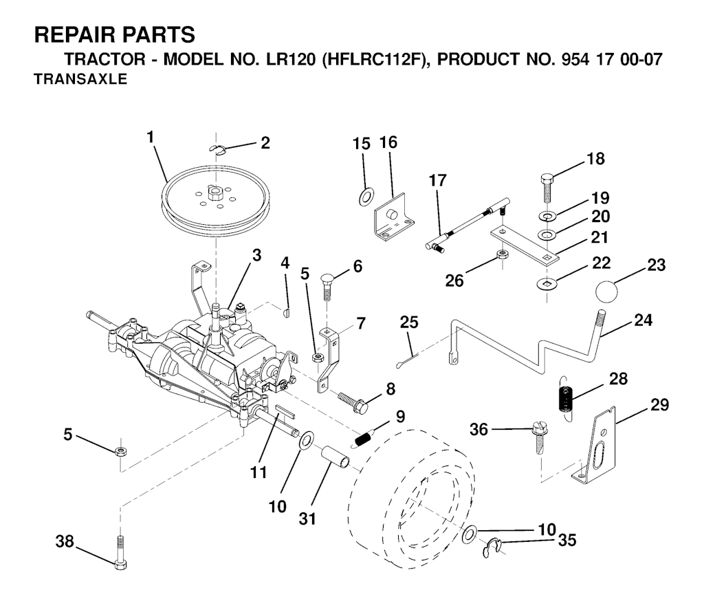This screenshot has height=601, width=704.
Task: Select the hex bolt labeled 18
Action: click(x=547, y=188)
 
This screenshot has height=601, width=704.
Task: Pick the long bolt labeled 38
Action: click(x=121, y=553)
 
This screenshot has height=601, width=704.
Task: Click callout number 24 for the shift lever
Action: click(x=643, y=320)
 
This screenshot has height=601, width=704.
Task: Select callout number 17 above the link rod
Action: click(x=438, y=180)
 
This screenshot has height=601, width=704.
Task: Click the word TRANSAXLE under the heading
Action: click(x=81, y=80)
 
